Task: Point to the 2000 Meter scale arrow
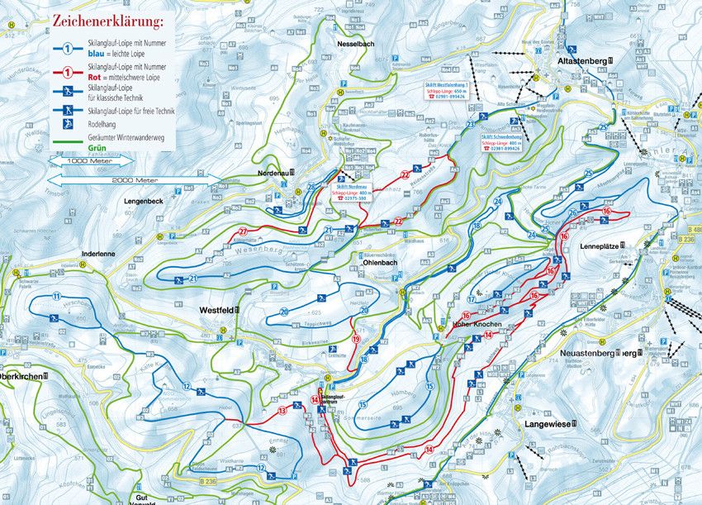[x=133, y=178]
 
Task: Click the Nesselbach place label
[x=356, y=44]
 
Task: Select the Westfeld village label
[x=219, y=310]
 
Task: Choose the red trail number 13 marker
[x=282, y=409]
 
